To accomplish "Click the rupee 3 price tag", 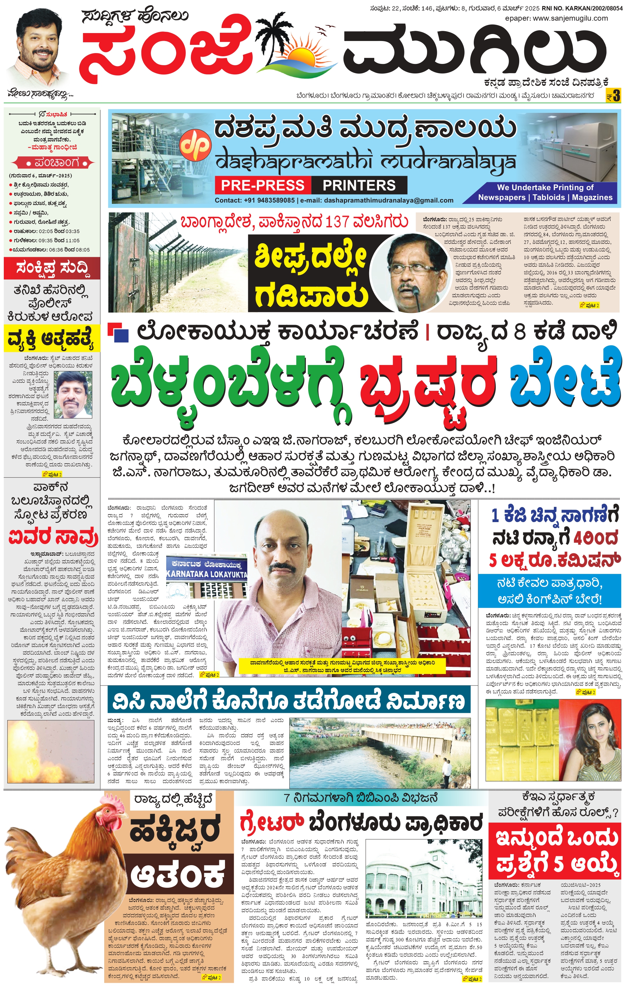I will [x=614, y=96].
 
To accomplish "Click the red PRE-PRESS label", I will [x=262, y=185].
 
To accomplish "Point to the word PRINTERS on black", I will [x=359, y=185].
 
